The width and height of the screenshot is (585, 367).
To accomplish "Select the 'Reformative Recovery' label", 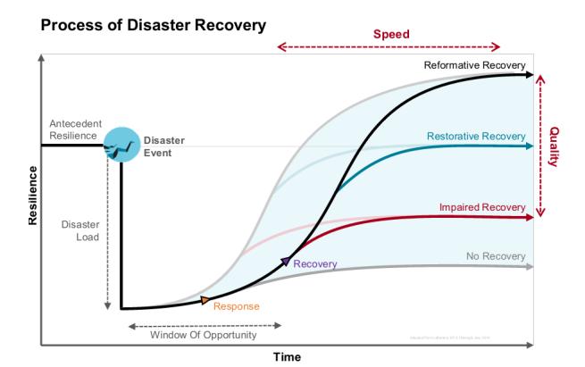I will click(x=474, y=64).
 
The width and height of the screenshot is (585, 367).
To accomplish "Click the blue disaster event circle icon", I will click(x=121, y=146).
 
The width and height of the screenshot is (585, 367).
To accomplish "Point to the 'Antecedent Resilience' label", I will click(x=74, y=129).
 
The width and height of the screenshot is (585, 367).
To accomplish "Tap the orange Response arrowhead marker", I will click(x=206, y=300).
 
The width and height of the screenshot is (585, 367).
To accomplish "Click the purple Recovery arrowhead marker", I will click(x=285, y=262).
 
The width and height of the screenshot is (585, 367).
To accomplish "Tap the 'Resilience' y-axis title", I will click(x=33, y=196).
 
